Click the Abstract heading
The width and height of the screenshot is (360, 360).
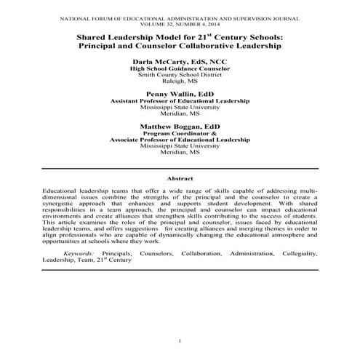(x=180, y=178)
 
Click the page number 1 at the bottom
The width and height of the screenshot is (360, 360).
(x=180, y=341)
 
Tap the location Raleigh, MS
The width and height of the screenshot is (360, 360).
(x=180, y=81)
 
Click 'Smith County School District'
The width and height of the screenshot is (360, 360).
(x=180, y=74)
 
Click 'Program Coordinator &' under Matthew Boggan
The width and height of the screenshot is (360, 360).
(x=180, y=133)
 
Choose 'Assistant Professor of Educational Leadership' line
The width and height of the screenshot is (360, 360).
(x=180, y=101)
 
